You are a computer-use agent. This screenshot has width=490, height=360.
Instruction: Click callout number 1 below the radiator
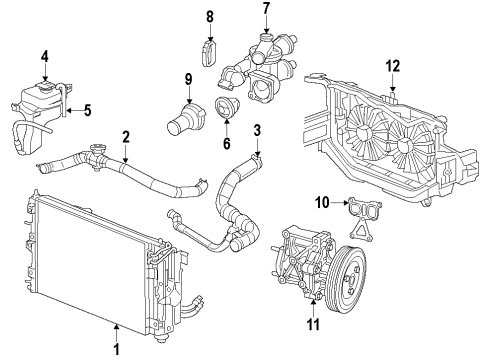tap(116, 350)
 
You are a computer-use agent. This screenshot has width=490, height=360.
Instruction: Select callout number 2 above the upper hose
tap(126, 137)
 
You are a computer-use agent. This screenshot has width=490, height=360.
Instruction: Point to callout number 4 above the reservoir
tap(45, 55)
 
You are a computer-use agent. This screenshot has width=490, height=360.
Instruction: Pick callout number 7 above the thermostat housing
tap(266, 9)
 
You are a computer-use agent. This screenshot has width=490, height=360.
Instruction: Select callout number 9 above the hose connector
tap(187, 79)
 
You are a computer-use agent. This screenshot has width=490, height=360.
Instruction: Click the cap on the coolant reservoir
tap(46, 78)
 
